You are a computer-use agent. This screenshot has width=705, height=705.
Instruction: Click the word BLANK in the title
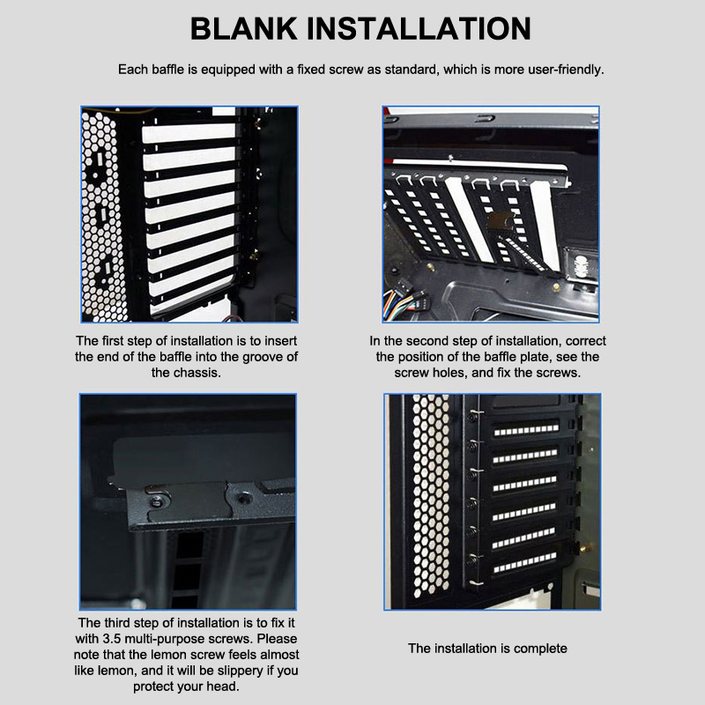244,29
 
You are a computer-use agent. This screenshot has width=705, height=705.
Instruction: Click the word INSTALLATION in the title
419,29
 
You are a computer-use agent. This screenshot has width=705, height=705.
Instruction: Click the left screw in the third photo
157,502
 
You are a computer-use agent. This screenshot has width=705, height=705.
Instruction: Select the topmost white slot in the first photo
189,133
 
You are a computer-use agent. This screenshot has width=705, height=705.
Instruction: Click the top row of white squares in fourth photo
526,430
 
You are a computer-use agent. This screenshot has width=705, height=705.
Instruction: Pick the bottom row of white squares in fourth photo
524,563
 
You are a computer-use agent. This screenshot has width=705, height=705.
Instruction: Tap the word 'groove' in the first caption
262,357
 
